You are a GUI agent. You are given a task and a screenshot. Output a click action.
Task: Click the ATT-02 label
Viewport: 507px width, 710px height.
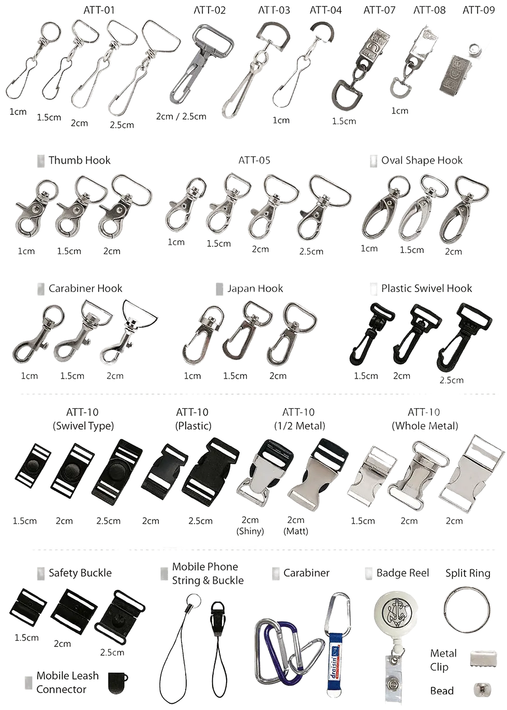click(210, 10)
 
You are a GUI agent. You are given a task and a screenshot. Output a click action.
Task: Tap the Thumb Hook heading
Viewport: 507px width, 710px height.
click(79, 160)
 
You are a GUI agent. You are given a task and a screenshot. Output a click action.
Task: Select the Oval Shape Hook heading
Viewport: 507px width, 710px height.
click(422, 160)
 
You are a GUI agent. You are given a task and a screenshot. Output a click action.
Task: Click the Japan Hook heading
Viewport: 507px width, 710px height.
click(255, 288)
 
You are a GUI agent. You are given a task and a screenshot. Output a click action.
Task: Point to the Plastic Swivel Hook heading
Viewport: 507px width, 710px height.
click(427, 288)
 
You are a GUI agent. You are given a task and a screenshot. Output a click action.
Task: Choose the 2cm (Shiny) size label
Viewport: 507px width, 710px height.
click(250, 526)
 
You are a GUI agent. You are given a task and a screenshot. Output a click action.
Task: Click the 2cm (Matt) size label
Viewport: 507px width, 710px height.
click(296, 526)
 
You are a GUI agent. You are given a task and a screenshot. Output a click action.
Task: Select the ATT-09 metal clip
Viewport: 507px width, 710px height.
click(459, 75)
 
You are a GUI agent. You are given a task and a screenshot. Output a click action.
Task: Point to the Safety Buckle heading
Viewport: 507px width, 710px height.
click(80, 572)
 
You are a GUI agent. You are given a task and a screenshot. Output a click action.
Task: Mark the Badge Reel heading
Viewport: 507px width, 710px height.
click(402, 572)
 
